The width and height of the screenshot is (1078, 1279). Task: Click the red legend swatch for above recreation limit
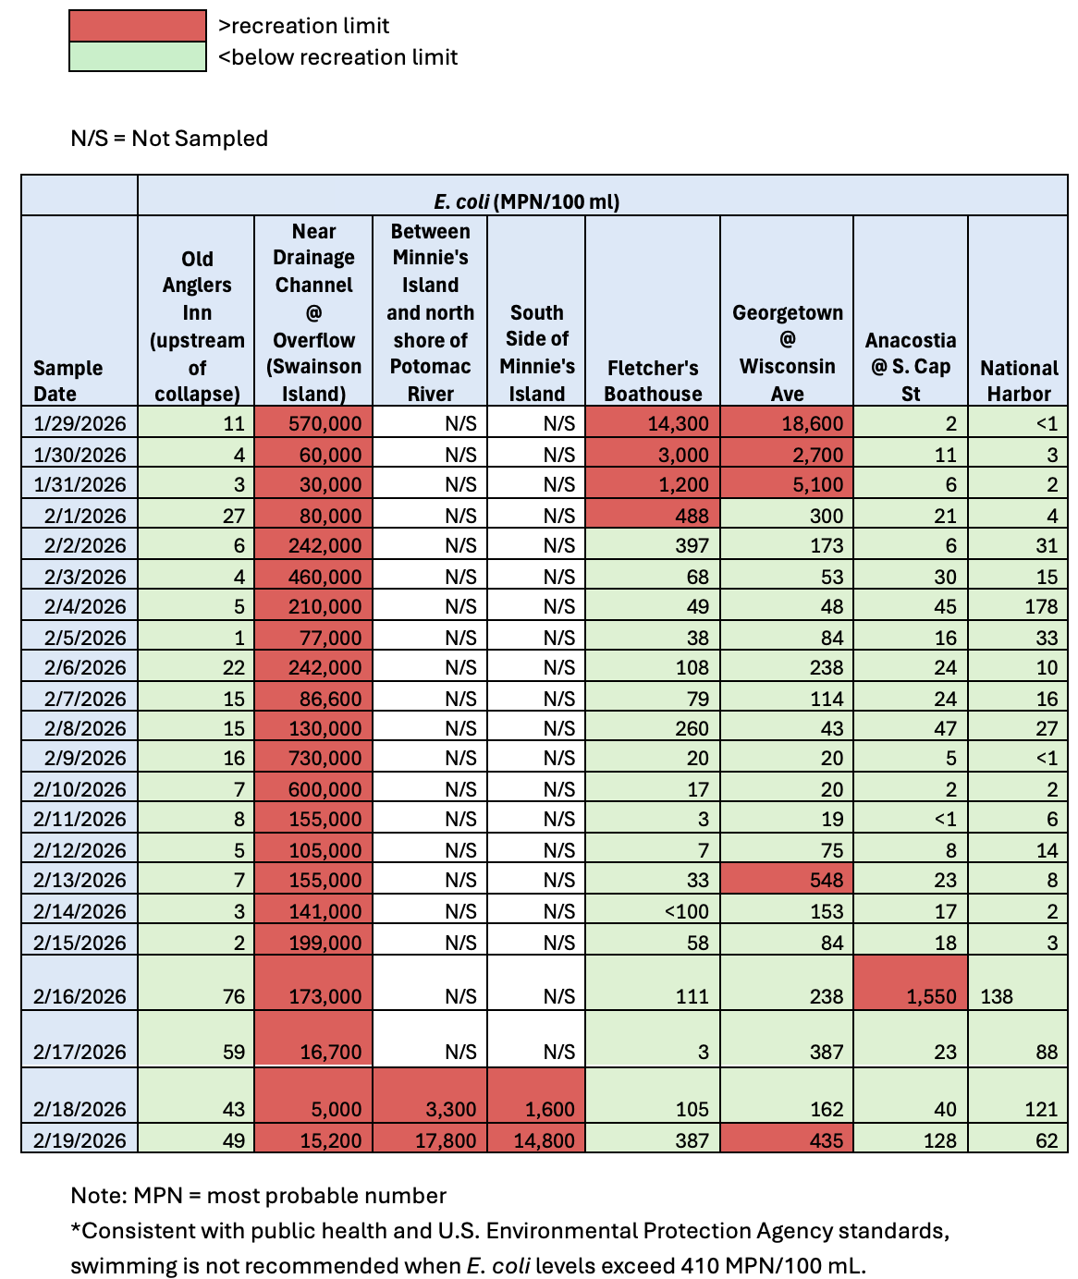tap(137, 26)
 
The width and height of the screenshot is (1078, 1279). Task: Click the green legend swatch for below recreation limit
tap(137, 56)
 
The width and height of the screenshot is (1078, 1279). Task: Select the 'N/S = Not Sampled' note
tap(169, 139)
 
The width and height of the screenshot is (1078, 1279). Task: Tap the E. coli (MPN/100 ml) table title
tap(527, 201)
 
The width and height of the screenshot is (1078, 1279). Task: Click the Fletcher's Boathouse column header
tap(653, 380)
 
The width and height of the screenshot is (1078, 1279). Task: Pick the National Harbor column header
tap(1018, 380)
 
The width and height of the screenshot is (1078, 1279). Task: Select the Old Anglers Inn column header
tap(197, 325)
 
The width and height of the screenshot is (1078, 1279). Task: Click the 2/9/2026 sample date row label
tap(80, 759)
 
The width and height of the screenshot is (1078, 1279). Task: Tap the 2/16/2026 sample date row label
tap(80, 996)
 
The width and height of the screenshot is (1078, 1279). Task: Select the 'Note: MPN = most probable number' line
tap(258, 1196)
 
